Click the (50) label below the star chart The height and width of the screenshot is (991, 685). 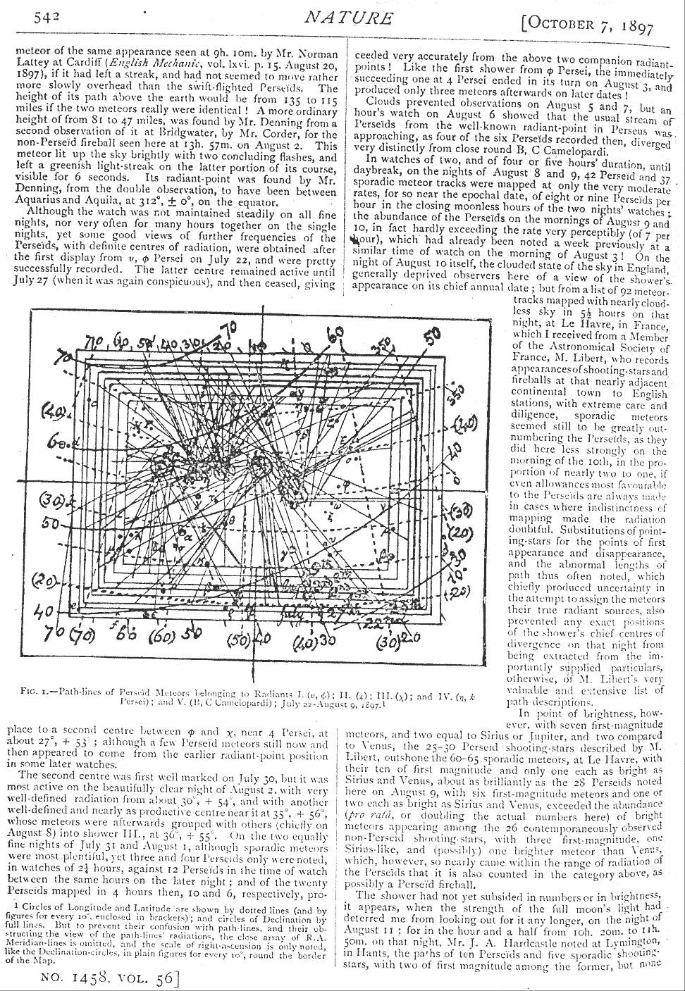tap(237, 641)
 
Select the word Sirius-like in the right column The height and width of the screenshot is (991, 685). tap(372, 851)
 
